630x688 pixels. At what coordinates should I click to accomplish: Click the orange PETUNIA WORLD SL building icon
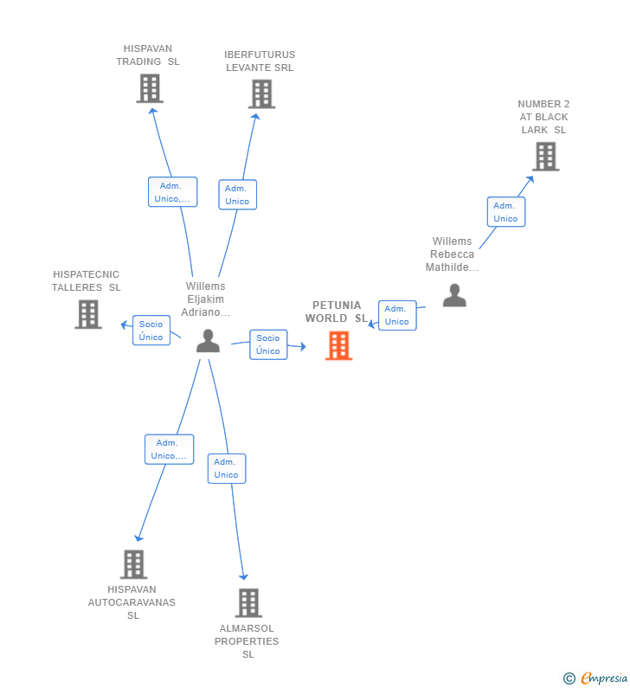pos(338,346)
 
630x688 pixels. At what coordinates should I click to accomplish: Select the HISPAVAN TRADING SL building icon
pos(150,88)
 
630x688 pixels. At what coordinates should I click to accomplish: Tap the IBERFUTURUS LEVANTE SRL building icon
pos(262,94)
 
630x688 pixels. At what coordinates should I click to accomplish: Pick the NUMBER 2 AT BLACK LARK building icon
pos(546,156)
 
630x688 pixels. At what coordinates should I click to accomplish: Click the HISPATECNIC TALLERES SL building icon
pos(88,314)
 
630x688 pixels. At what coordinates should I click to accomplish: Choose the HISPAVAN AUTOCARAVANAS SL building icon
pos(134,564)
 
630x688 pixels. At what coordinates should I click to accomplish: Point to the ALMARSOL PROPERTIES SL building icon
pos(248,603)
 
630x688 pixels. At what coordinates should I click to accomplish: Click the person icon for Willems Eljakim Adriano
pos(208,341)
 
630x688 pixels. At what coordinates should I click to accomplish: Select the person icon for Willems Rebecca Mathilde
pos(454,295)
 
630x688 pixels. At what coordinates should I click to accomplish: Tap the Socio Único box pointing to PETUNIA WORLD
pos(268,344)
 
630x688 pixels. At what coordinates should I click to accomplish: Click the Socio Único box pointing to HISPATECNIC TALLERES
pos(151,331)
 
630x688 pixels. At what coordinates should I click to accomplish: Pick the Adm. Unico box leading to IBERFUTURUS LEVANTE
pos(238,195)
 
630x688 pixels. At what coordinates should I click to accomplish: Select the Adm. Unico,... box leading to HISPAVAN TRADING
pos(173,192)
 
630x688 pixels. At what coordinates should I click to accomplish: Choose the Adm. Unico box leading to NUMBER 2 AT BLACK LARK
pos(506,212)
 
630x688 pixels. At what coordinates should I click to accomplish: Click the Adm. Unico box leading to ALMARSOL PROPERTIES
pos(227,468)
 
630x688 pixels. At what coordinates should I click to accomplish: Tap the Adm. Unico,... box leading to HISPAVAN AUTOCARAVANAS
pos(170,449)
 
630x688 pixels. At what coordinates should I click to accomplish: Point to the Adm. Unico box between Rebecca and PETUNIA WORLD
pos(397,316)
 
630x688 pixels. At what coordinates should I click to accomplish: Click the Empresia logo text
pos(604,678)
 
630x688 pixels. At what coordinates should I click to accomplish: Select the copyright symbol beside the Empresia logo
pos(569,678)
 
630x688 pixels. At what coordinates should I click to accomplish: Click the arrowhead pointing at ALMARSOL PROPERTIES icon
pos(243,576)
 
